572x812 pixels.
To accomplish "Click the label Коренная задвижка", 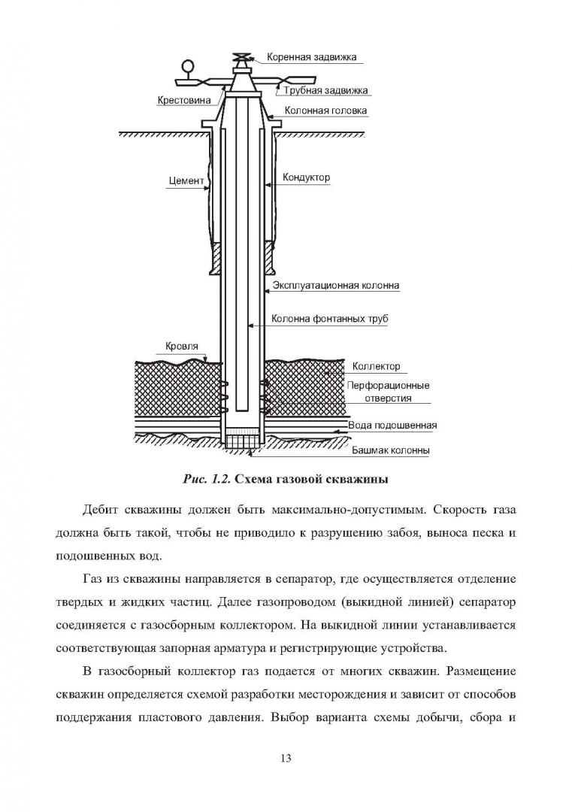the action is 312,57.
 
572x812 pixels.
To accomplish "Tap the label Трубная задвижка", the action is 325,90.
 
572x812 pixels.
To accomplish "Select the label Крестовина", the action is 183,100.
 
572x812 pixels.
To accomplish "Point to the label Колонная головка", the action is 325,111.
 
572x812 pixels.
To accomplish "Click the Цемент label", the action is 186,180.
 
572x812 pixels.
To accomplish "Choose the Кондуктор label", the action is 307,177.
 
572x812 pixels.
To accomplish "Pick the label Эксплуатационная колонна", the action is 336,286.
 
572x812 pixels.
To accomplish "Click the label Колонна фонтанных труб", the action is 330,319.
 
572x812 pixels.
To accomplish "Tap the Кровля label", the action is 182,346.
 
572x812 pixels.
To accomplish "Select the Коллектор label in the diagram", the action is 377,367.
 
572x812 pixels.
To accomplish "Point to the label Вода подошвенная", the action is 392,426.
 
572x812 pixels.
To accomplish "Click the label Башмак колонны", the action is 391,450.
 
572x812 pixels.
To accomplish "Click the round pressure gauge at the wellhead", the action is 187,66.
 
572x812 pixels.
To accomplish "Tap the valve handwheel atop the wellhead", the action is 241,57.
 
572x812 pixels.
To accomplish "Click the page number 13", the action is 286,759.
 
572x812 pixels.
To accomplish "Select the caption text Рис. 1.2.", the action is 206,479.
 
